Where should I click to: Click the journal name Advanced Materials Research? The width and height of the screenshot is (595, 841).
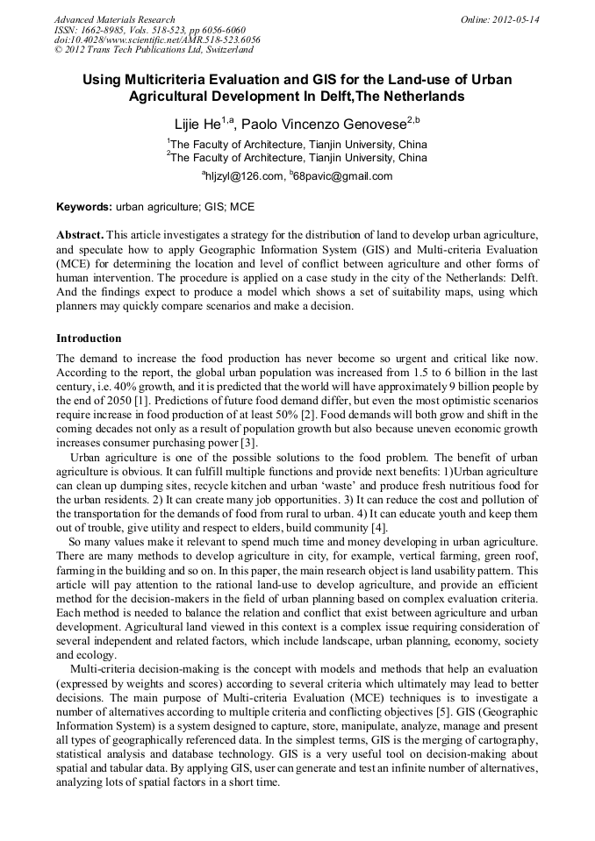coord(114,19)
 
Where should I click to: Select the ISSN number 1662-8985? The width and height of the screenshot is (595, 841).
coord(108,30)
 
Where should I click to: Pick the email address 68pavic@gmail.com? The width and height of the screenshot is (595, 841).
coord(347,175)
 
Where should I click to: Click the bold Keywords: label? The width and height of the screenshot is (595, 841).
coord(84,207)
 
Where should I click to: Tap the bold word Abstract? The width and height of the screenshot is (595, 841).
coord(80,237)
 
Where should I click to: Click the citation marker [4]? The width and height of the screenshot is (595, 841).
coord(377,527)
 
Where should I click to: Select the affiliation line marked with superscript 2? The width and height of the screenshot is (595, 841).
coord(297,158)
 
